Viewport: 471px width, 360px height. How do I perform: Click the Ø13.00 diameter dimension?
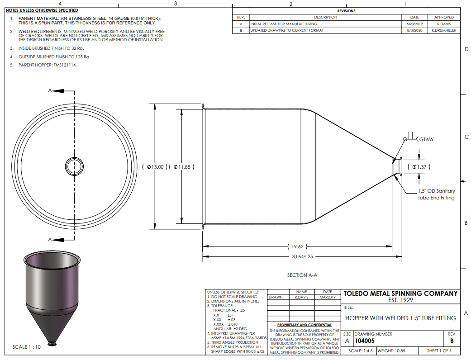[x=155, y=167]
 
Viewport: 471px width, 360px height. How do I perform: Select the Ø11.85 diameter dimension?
[x=182, y=167]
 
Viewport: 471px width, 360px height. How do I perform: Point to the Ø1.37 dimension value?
[x=419, y=167]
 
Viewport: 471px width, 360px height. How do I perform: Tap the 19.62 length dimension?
[x=297, y=246]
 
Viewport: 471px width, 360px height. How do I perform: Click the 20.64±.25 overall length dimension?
[x=302, y=257]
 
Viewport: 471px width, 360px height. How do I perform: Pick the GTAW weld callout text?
[x=426, y=139]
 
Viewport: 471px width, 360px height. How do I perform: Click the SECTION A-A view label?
[x=302, y=275]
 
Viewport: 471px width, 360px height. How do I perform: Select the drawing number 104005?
[x=365, y=341]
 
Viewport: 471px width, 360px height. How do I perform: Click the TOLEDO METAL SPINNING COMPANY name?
[x=400, y=294]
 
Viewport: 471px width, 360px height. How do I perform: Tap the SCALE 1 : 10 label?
[x=26, y=347]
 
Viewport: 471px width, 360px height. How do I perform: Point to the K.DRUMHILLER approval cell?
[x=444, y=30]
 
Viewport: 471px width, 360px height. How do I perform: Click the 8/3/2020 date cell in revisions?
[x=414, y=30]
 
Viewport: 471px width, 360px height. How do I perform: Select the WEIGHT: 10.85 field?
[x=391, y=351]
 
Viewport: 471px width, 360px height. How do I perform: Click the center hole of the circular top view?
[x=75, y=166]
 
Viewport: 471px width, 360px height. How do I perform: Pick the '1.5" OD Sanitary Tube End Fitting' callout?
[x=436, y=194]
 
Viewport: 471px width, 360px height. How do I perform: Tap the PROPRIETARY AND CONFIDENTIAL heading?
[x=304, y=325]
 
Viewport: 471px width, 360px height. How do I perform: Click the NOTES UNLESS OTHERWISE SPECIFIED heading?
[x=42, y=10]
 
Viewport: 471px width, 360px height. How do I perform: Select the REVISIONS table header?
[x=346, y=11]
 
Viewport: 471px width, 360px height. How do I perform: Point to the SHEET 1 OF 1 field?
[x=439, y=351]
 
